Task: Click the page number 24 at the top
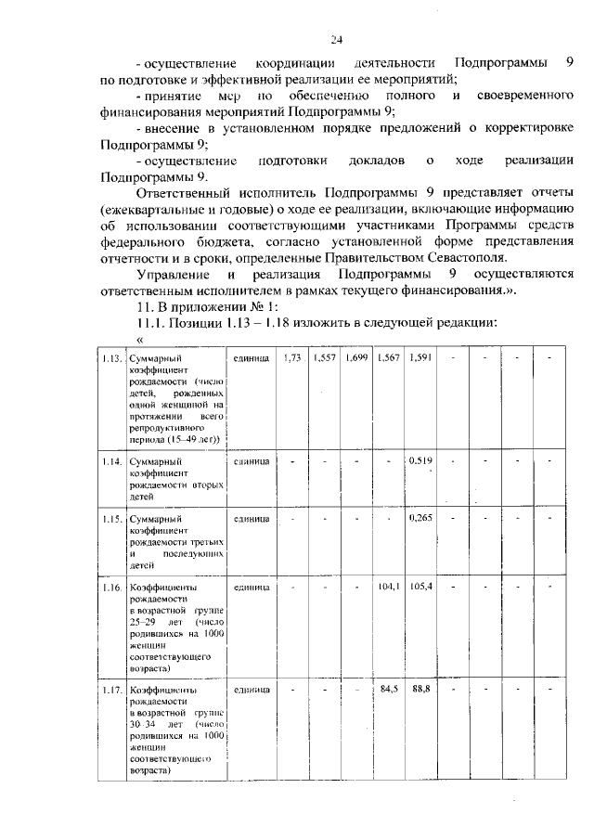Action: [336, 39]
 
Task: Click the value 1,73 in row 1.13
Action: [292, 357]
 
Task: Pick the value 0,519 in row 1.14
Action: [420, 459]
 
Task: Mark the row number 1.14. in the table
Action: [113, 460]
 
